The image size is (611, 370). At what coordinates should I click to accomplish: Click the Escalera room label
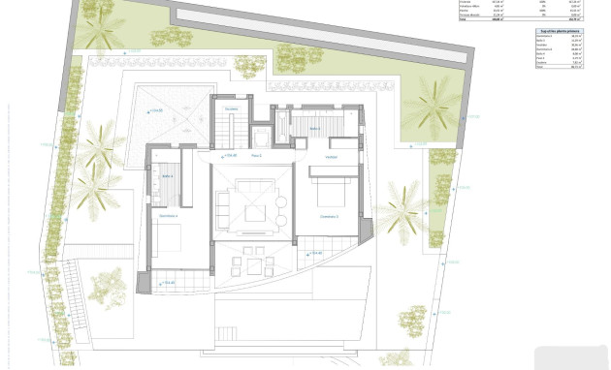pyautogui.click(x=231, y=109)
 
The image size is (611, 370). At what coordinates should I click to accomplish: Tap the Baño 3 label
pyautogui.click(x=315, y=128)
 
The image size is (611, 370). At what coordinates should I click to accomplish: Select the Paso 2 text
pyautogui.click(x=257, y=155)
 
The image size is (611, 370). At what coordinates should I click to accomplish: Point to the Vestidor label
pyautogui.click(x=331, y=156)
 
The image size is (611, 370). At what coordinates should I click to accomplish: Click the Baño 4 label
pyautogui.click(x=167, y=176)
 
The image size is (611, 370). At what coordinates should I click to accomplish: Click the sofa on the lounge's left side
pyautogui.click(x=223, y=207)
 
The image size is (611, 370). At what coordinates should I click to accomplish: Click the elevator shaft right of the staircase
pyautogui.click(x=261, y=135)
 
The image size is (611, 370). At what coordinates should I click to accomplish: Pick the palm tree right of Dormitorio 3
pyautogui.click(x=400, y=213)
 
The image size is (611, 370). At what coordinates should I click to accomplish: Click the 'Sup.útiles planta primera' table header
pyautogui.click(x=561, y=31)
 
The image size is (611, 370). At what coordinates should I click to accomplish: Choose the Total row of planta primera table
pyautogui.click(x=561, y=94)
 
